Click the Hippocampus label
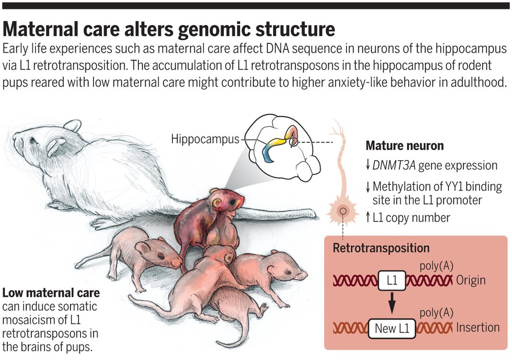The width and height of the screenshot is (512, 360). (205, 139)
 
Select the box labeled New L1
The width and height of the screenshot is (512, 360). (392, 328)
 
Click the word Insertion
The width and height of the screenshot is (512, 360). (477, 328)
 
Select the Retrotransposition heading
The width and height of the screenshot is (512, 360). (381, 248)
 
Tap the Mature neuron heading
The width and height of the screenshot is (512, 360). (404, 146)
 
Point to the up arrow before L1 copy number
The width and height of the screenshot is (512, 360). (368, 218)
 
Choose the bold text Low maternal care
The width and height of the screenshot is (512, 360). (51, 293)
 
